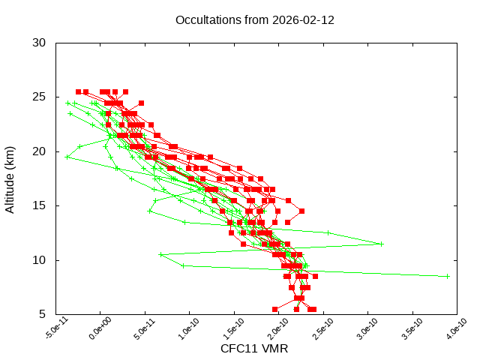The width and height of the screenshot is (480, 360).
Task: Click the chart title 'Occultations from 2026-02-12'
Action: pyautogui.click(x=255, y=19)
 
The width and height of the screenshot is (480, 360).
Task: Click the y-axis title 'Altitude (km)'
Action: pyautogui.click(x=10, y=178)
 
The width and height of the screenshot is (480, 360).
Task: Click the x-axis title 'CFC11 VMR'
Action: pyautogui.click(x=254, y=349)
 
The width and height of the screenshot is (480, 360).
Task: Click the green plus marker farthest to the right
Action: pyautogui.click(x=448, y=276)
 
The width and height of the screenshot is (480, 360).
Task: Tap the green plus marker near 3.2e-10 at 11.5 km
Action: pyautogui.click(x=381, y=244)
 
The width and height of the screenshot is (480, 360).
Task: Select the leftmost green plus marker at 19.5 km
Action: pyautogui.click(x=67, y=157)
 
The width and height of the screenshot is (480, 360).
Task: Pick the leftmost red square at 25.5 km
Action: pyautogui.click(x=78, y=91)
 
